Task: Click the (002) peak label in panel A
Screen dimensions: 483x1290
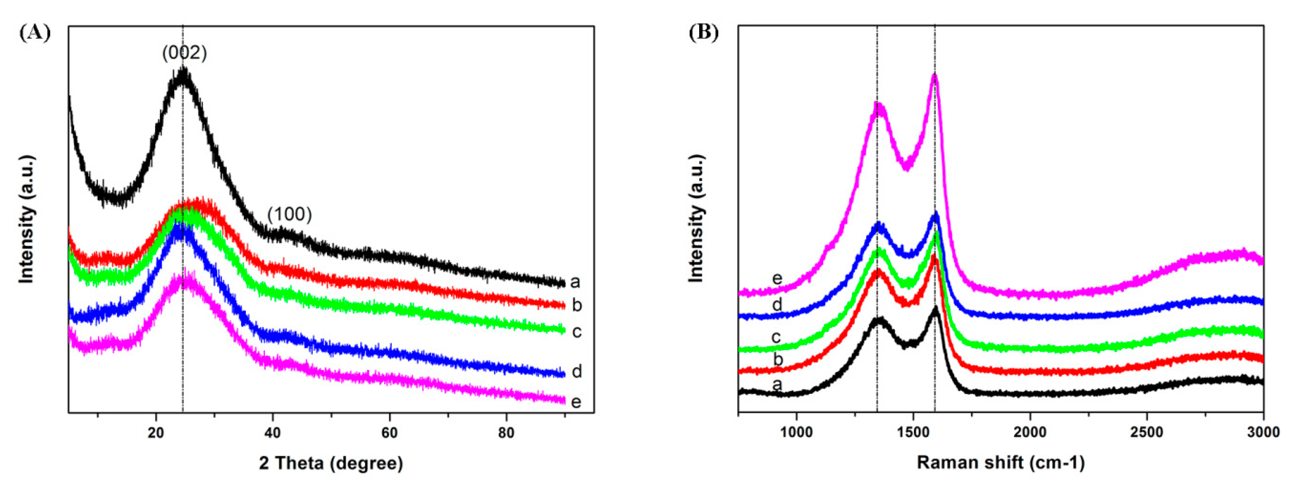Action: (184, 52)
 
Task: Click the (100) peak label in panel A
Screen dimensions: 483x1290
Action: (289, 214)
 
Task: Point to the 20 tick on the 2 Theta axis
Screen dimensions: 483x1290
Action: (156, 432)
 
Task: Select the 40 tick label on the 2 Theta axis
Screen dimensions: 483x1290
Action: (272, 432)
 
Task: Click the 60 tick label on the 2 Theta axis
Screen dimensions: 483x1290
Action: (389, 432)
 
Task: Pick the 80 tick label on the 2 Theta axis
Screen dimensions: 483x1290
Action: (506, 432)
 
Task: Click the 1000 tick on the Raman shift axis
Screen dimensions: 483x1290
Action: (796, 432)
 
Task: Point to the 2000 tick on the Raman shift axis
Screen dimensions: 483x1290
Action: (1030, 432)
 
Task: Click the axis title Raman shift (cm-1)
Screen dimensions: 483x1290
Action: (1001, 463)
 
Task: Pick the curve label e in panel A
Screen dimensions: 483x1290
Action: (576, 402)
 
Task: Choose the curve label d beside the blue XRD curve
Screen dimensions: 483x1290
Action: (576, 372)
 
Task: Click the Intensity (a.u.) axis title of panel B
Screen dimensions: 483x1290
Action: (697, 219)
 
